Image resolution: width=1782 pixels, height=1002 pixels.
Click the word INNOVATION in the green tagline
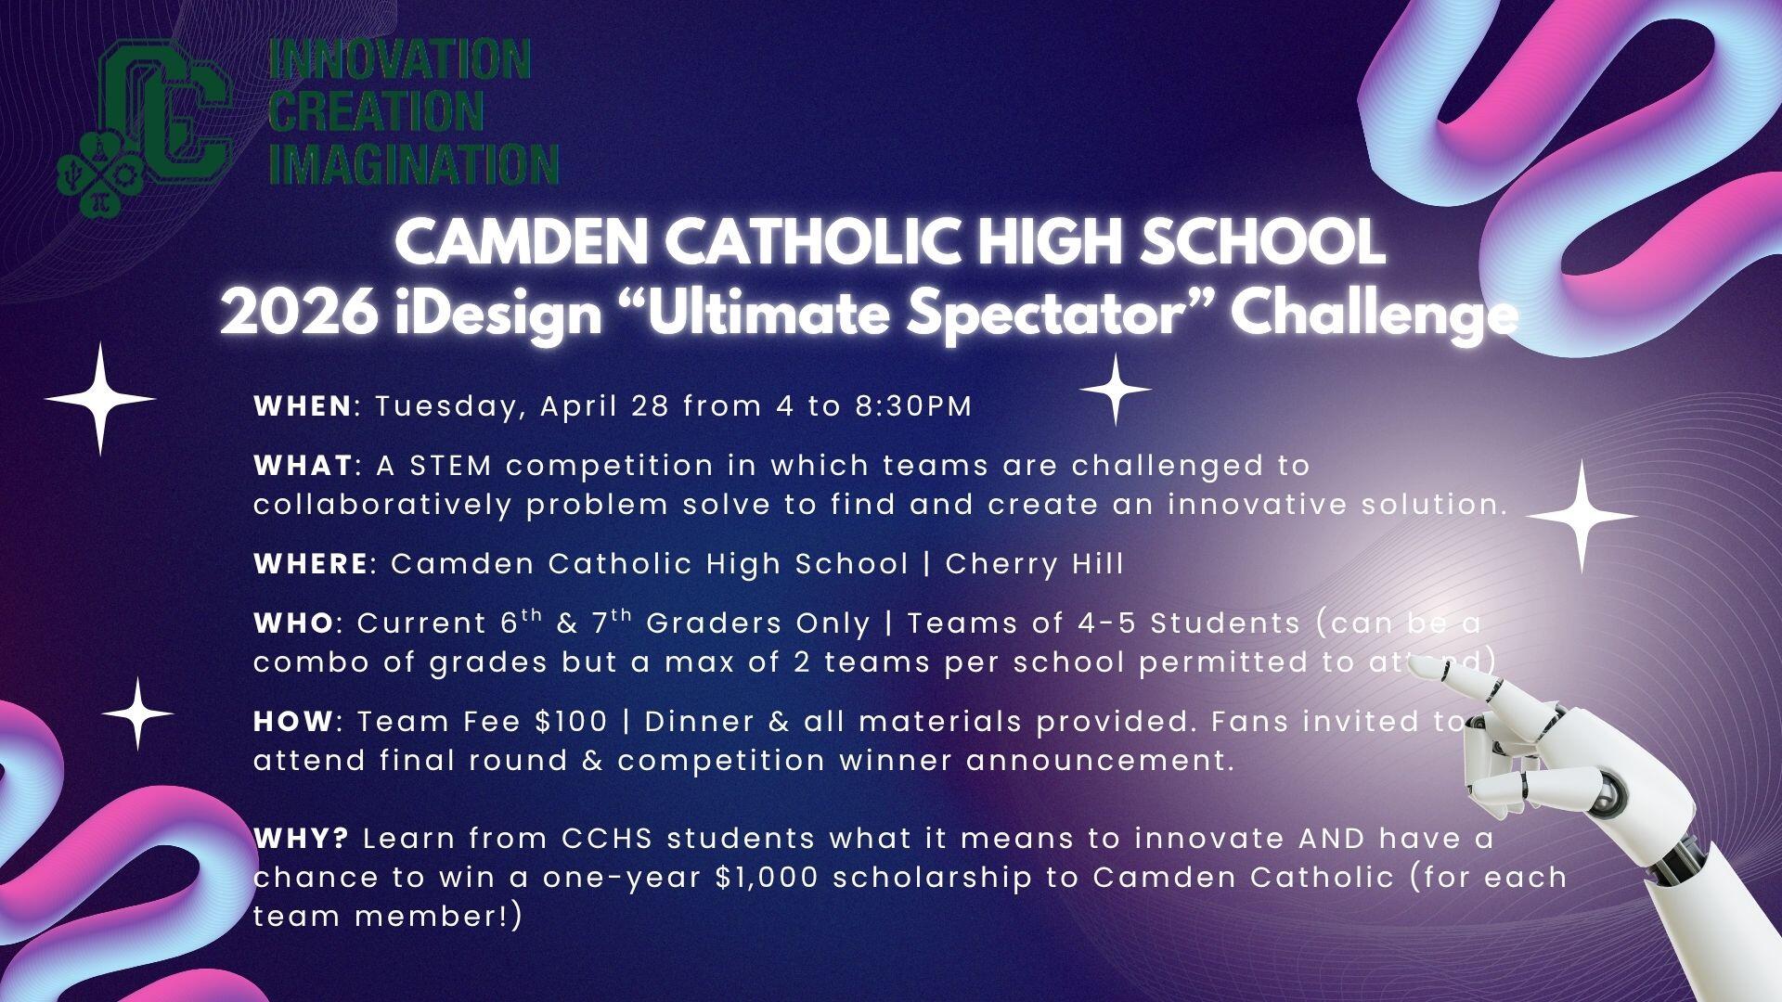[399, 61]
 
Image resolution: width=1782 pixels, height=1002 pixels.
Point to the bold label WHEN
[303, 406]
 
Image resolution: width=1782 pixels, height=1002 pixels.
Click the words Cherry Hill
[1034, 563]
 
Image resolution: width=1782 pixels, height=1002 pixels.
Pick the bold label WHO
[292, 623]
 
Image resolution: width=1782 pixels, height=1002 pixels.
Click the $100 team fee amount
[577, 721]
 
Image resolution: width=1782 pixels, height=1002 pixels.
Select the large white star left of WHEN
[100, 399]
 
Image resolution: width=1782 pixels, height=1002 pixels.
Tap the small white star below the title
[1116, 390]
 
